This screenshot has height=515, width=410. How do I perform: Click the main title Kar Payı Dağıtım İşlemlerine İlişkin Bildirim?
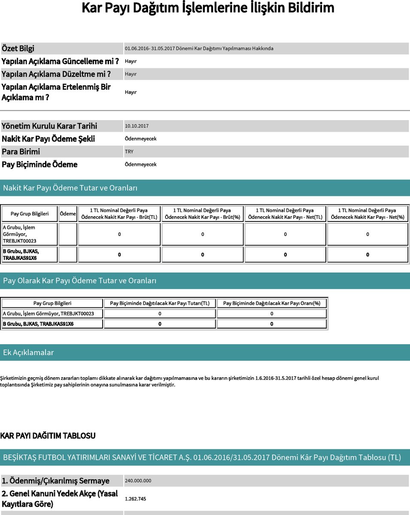[x=207, y=8]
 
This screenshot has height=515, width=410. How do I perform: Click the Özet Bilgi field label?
[x=24, y=48]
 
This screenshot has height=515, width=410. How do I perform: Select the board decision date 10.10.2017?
[x=137, y=126]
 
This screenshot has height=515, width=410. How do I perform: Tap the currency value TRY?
[x=129, y=151]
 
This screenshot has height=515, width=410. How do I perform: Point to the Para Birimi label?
[x=21, y=151]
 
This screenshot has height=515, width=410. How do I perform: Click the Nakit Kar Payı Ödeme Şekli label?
[x=49, y=139]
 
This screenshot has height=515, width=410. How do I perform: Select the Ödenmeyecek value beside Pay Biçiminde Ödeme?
[x=140, y=164]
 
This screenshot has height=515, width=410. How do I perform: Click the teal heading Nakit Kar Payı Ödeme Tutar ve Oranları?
[x=70, y=188]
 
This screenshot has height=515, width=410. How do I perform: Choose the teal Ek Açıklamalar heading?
[x=28, y=352]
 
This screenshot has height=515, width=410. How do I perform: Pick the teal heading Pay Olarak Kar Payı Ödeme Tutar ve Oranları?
[x=80, y=281]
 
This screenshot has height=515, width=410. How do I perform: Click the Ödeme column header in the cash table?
[x=68, y=214]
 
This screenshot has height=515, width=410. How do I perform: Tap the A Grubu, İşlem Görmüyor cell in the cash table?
[x=30, y=234]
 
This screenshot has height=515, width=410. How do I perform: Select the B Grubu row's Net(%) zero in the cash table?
[x=367, y=254]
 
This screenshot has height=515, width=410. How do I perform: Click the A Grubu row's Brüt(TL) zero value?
[x=119, y=234]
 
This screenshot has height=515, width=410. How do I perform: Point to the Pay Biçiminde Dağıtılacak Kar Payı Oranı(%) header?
[x=272, y=303]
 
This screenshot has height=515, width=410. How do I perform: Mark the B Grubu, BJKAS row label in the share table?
[x=38, y=324]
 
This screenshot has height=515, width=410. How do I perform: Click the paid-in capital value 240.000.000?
[x=138, y=481]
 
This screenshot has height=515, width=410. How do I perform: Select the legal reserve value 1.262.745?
[x=136, y=499]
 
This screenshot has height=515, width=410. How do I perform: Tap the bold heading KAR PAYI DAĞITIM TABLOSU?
[x=48, y=436]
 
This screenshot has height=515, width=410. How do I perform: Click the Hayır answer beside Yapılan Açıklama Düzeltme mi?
[x=131, y=74]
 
